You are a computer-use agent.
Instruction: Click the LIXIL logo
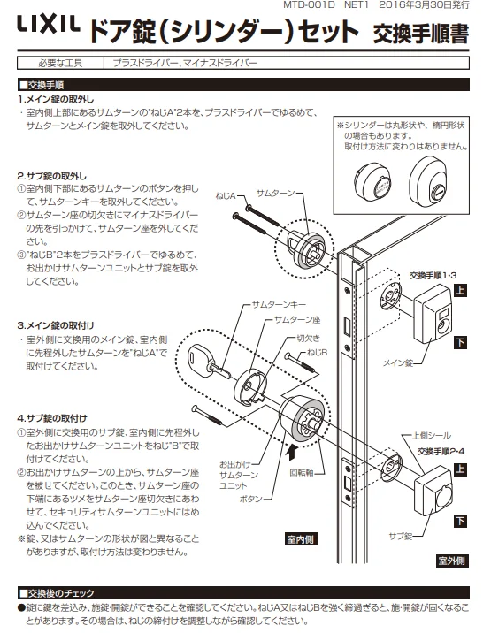[x=48, y=24]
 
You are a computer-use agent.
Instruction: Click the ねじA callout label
[x=226, y=196]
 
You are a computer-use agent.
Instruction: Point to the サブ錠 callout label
[x=401, y=536]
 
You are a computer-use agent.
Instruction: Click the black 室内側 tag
[x=301, y=539]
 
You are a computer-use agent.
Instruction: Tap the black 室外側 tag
[x=452, y=561]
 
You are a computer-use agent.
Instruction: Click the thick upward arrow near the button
[x=291, y=453]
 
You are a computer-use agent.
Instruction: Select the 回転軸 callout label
[x=302, y=472]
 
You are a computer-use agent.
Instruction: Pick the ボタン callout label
[x=251, y=499]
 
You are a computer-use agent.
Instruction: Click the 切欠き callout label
[x=309, y=339]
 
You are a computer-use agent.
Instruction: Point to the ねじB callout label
[x=318, y=353]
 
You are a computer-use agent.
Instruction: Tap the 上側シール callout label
[x=431, y=436]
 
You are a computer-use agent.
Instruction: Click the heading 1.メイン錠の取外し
[x=56, y=99]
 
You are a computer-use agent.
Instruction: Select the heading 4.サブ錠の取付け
[x=52, y=418]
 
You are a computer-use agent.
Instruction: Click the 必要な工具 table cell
[x=60, y=63]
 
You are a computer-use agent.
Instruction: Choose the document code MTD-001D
[x=309, y=4]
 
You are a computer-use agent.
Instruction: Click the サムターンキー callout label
[x=279, y=304]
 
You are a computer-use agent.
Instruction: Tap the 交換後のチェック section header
[x=57, y=593]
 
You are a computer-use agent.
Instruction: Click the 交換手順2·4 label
[x=441, y=451]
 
